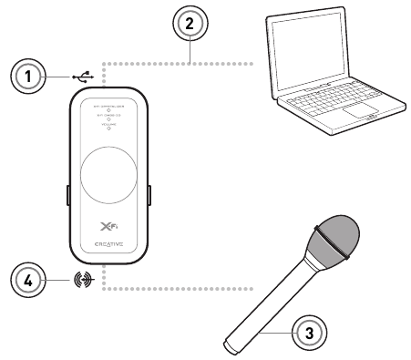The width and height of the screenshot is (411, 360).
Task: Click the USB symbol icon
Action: pos(81,77)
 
